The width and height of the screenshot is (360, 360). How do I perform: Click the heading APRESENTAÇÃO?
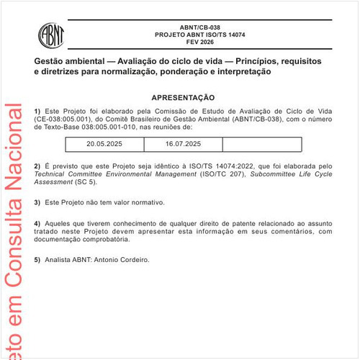pyautogui.click(x=183, y=96)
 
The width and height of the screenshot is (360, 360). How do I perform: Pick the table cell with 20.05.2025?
pyautogui.click(x=104, y=145)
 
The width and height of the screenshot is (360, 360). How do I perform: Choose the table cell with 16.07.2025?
pyautogui.click(x=184, y=145)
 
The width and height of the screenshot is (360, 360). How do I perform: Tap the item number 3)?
pyautogui.click(x=37, y=202)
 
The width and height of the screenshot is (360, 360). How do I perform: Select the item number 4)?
pyautogui.click(x=37, y=223)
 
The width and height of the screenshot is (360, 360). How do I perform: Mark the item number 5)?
pyautogui.click(x=37, y=260)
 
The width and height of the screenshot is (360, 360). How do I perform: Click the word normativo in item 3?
pyautogui.click(x=148, y=202)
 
